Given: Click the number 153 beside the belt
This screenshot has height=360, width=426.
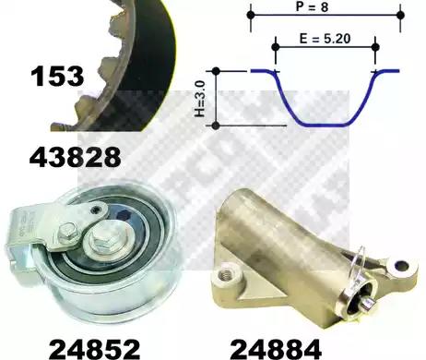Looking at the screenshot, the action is [x=57, y=76].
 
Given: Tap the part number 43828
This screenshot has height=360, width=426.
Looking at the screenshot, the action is [x=75, y=157].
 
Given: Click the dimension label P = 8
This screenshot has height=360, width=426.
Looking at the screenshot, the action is [x=312, y=6].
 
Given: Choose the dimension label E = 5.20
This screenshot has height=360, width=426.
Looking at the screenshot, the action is [x=325, y=39].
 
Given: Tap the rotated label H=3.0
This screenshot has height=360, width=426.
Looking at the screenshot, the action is [x=200, y=99].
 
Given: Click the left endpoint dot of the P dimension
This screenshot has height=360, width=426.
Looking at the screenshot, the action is [x=251, y=15].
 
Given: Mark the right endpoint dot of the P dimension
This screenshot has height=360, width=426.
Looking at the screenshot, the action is [x=400, y=15].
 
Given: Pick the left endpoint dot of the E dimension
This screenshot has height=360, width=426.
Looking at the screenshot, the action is [x=276, y=47].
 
